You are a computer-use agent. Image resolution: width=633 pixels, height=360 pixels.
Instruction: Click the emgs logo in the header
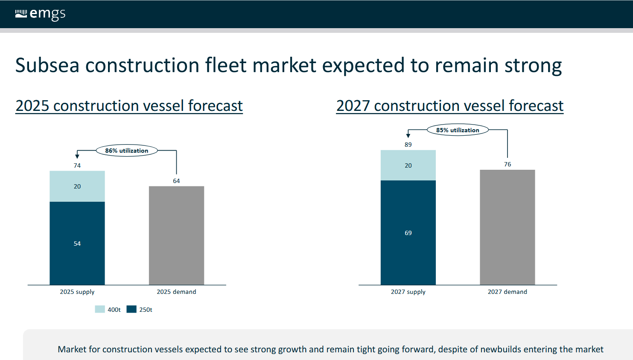pyautogui.click(x=40, y=14)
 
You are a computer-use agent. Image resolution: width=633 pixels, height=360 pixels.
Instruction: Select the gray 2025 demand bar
pyautogui.click(x=176, y=235)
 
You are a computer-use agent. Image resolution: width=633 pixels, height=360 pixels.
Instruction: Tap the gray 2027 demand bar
pyautogui.click(x=507, y=227)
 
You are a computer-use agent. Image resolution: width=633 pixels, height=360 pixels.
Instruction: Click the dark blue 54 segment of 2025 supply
pyautogui.click(x=77, y=243)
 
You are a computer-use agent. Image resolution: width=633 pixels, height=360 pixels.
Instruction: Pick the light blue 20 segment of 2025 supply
pyautogui.click(x=77, y=186)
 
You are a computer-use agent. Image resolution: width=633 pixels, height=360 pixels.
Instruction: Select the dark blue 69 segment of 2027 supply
pyautogui.click(x=408, y=232)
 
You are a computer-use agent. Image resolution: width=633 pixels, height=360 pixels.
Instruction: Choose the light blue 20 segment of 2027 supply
pyautogui.click(x=408, y=165)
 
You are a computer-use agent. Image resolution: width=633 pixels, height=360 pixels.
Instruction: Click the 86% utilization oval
pyautogui.click(x=127, y=151)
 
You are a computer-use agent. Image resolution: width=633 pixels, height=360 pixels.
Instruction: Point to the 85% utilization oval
pyautogui.click(x=458, y=130)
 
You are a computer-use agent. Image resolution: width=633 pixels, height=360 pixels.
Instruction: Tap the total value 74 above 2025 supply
pyautogui.click(x=77, y=165)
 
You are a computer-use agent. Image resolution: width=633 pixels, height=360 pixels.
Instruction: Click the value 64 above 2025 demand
pyautogui.click(x=176, y=181)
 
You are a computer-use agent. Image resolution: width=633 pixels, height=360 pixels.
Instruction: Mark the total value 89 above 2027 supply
pyautogui.click(x=408, y=145)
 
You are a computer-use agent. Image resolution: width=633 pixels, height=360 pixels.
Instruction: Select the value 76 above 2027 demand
pyautogui.click(x=508, y=164)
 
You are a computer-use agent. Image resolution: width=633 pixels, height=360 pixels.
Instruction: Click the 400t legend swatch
pyautogui.click(x=100, y=309)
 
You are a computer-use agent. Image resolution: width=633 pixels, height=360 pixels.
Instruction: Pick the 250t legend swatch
pyautogui.click(x=131, y=309)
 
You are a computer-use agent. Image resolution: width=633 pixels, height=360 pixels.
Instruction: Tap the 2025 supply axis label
pyautogui.click(x=77, y=292)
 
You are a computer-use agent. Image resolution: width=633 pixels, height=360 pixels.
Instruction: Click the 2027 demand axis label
pyautogui.click(x=507, y=292)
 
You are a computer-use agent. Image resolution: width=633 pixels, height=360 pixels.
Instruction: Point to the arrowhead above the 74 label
pyautogui.click(x=77, y=156)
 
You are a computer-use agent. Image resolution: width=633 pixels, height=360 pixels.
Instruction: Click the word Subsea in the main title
pyautogui.click(x=47, y=65)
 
